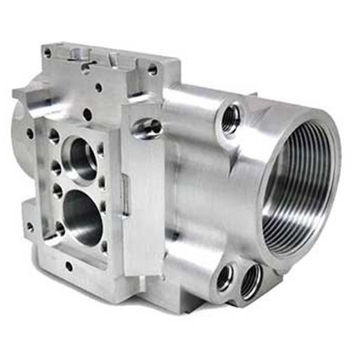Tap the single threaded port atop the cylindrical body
(231, 118)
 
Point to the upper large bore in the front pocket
(82, 156)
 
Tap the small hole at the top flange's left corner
(47, 52)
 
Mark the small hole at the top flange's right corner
(152, 70)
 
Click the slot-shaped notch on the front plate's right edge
(125, 186)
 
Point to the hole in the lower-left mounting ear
(30, 226)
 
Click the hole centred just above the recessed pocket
(87, 114)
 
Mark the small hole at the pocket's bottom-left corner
(60, 228)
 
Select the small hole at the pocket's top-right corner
(101, 147)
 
